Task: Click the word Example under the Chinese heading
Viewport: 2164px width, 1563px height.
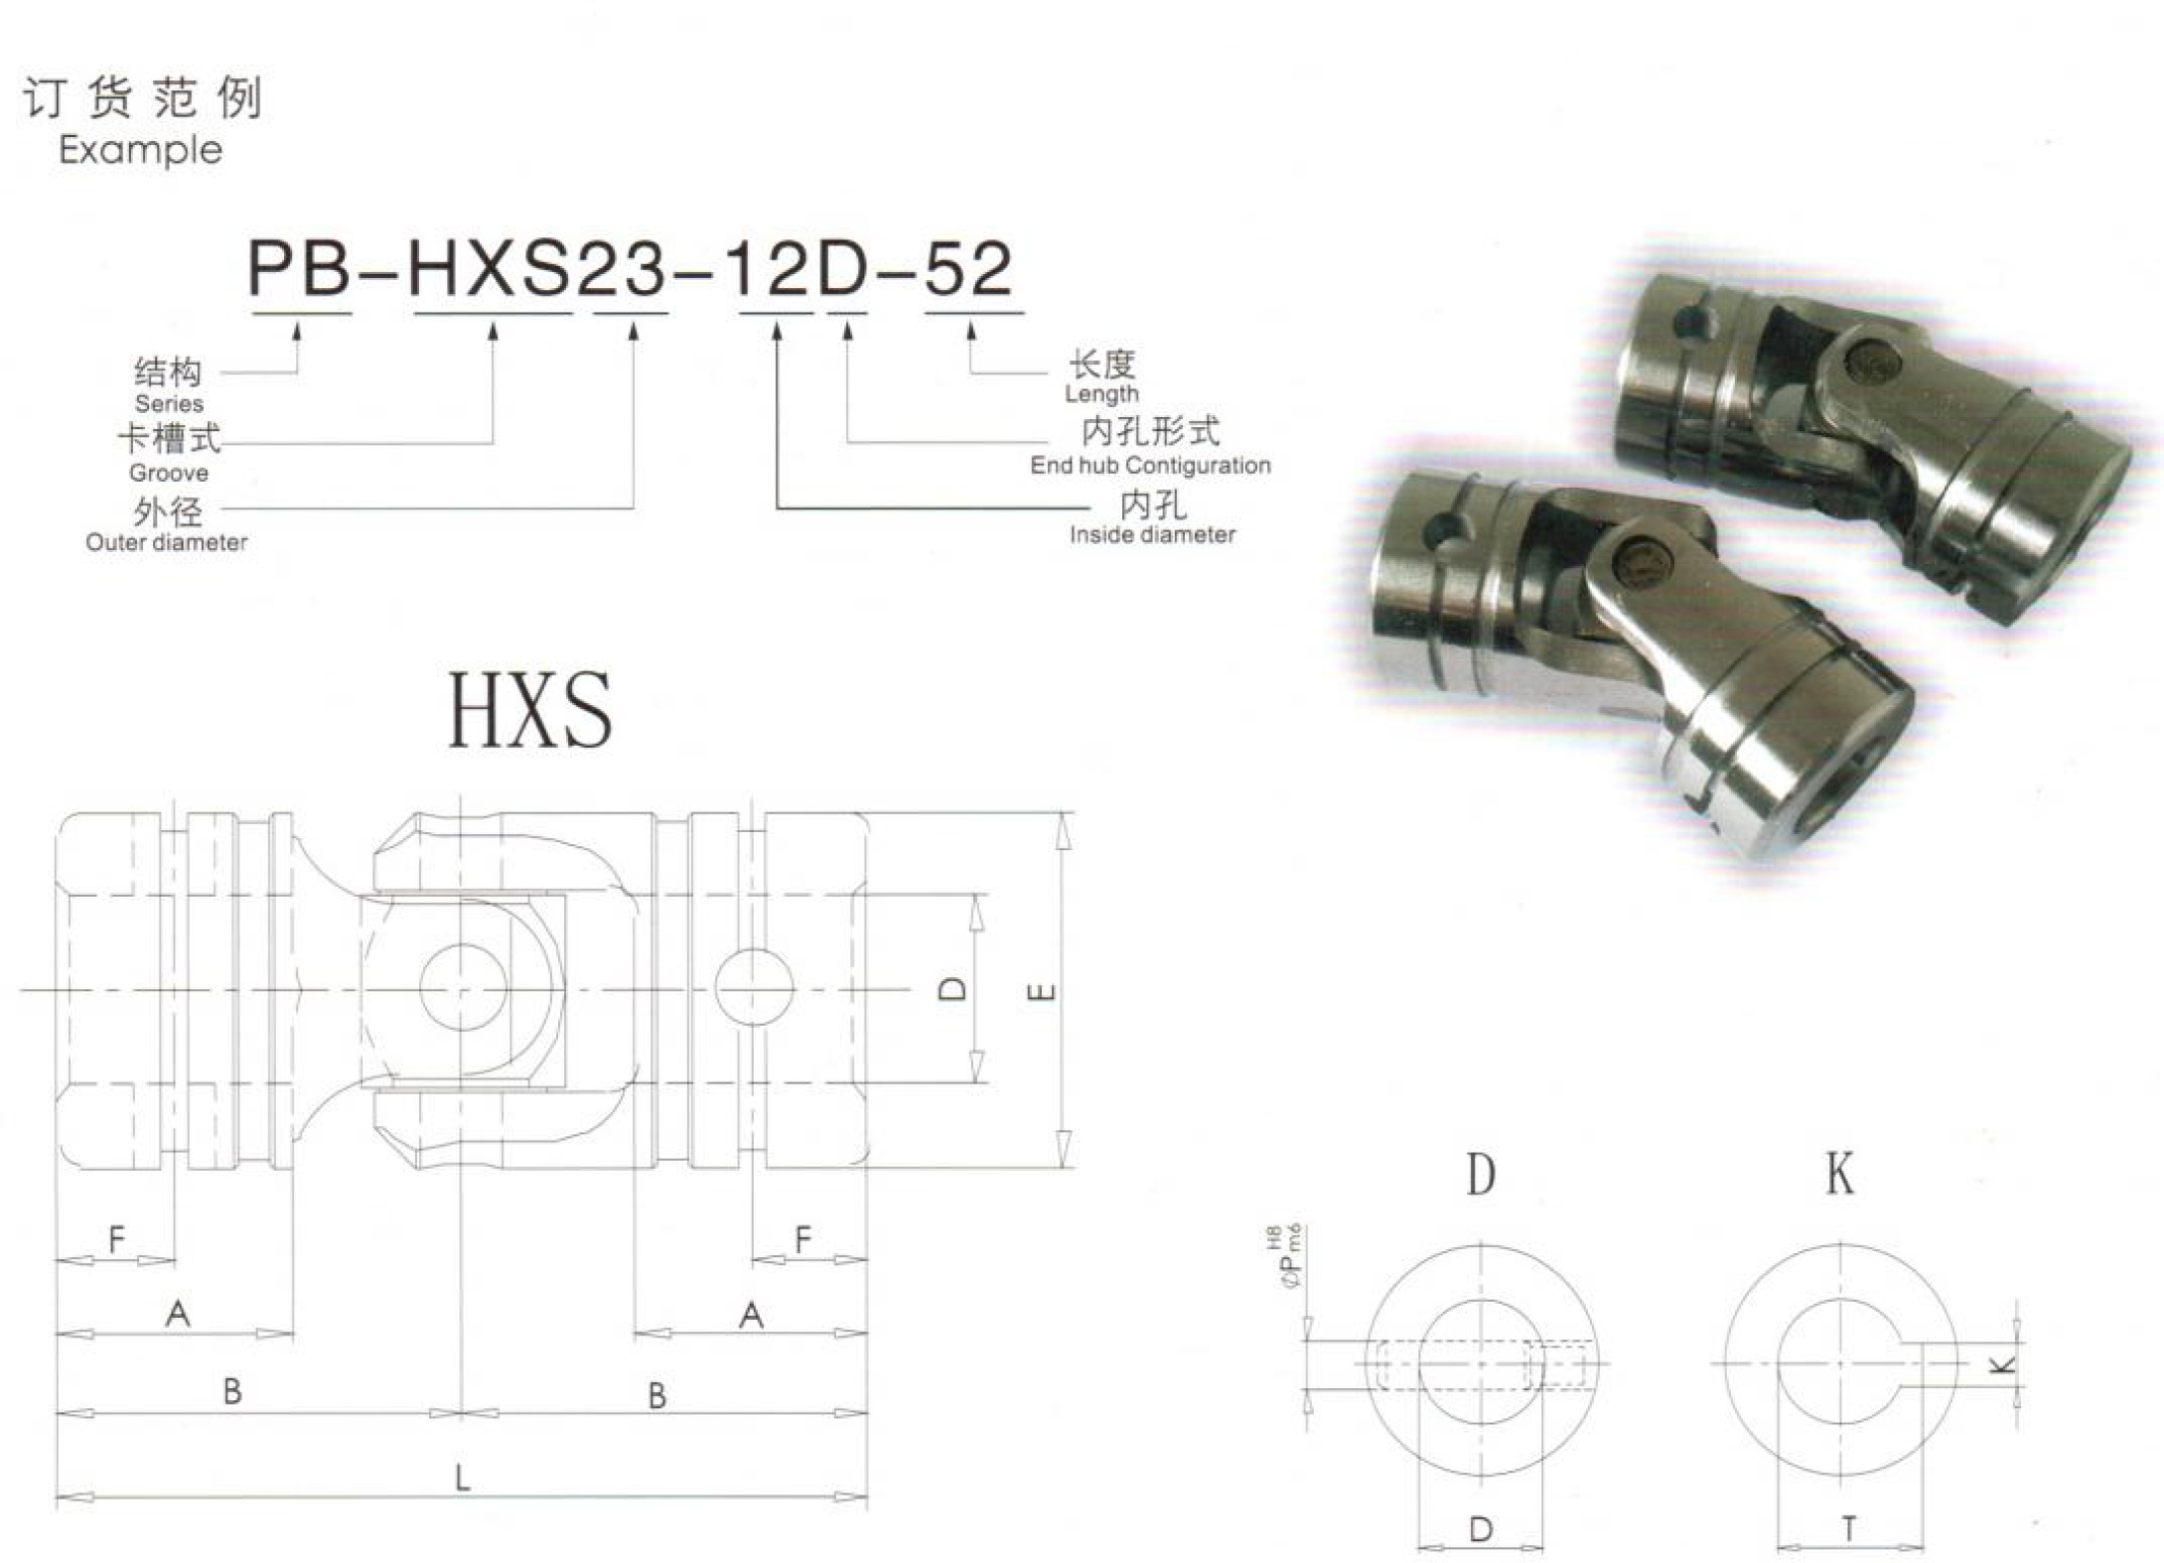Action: [x=140, y=151]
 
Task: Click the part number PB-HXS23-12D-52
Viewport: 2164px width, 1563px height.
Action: [x=631, y=268]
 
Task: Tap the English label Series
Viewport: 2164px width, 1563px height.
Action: [x=169, y=404]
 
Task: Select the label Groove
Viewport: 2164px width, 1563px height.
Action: [x=169, y=474]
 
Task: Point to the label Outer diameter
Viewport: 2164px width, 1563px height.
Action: [x=167, y=542]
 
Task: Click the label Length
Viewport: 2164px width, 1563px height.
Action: [x=1101, y=394]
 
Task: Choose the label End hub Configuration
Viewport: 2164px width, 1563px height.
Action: [x=1150, y=465]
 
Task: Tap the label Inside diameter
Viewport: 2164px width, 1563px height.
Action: [x=1152, y=534]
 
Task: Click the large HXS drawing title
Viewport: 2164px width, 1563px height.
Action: [x=530, y=710]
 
